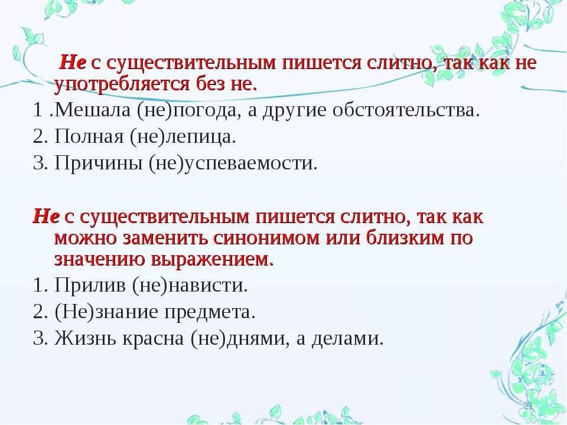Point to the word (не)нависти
[x=190, y=286]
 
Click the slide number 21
[x=528, y=406]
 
